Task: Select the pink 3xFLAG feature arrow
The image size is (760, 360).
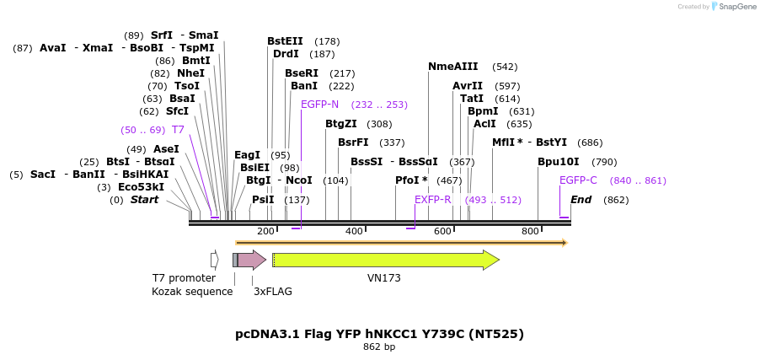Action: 252,260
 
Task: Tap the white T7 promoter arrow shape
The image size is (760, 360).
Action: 215,260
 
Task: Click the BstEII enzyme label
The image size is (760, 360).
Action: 285,41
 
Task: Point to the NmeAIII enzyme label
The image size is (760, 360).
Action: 452,67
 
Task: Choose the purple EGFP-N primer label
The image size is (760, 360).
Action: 319,105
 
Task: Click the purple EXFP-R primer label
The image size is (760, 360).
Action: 433,200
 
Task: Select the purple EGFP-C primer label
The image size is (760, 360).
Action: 578,180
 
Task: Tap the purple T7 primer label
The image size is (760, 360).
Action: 178,130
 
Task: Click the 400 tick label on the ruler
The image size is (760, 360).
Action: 354,231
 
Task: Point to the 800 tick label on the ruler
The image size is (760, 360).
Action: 530,231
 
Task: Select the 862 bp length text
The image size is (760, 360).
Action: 379,347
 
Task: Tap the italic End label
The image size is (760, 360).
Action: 581,200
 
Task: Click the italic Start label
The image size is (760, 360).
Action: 144,200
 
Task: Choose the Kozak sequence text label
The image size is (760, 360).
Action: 192,292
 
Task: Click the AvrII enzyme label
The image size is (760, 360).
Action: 468,86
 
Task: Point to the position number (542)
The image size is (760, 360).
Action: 505,67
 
